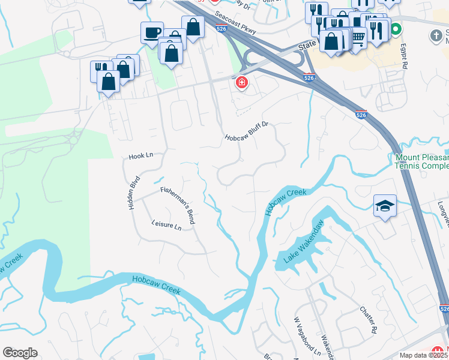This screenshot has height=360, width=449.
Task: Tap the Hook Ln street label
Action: (141, 156)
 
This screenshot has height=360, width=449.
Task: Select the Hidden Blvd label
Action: (134, 192)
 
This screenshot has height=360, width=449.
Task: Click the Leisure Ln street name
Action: (166, 224)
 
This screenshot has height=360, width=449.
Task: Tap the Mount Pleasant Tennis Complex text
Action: (421, 162)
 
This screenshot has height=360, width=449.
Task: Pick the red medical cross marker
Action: (241, 83)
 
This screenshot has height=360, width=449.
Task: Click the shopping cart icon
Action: (358, 38)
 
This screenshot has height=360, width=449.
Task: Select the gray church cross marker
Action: (438, 36)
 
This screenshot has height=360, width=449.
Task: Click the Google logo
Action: (20, 353)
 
